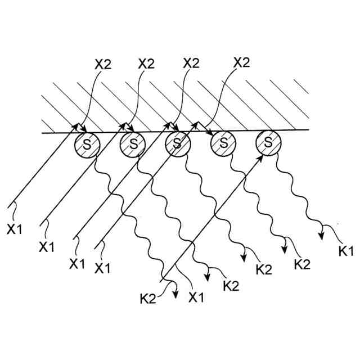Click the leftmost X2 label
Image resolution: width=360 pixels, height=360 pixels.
(103, 64)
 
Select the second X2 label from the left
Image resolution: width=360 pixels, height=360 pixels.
(146, 64)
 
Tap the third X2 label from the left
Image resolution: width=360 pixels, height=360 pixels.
(192, 64)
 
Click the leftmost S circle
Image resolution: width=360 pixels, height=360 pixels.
(88, 145)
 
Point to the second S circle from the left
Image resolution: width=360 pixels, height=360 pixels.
(133, 145)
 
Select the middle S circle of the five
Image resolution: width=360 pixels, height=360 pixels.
(178, 145)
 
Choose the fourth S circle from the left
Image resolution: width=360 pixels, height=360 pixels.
(223, 144)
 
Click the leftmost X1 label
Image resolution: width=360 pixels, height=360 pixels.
(16, 229)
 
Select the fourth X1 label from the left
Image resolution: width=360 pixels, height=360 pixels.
(102, 267)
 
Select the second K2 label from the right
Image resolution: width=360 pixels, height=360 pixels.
(263, 269)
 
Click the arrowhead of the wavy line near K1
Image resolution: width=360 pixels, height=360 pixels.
(322, 234)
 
